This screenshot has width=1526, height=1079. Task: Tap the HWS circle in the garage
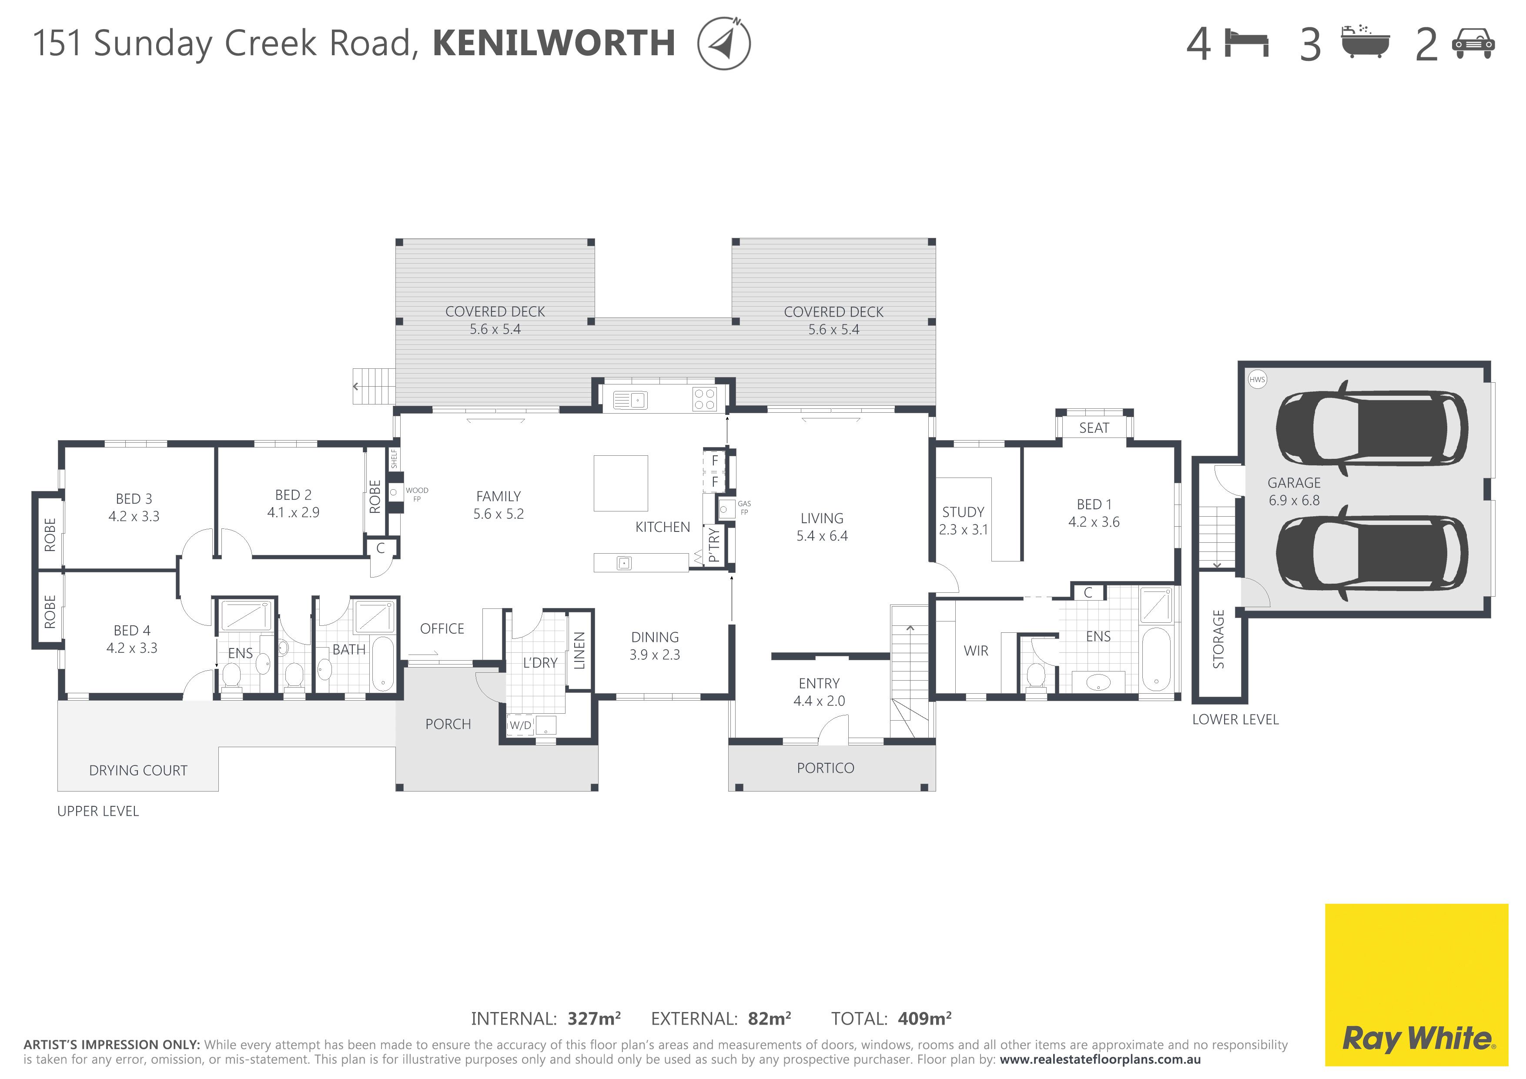point(1257,379)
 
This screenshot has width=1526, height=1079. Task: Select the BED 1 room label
point(1093,504)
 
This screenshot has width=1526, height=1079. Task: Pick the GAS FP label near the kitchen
point(744,508)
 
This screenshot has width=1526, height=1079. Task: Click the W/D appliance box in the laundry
point(520,725)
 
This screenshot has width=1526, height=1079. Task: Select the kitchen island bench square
point(620,483)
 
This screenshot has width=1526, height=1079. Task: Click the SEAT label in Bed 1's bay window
point(1093,428)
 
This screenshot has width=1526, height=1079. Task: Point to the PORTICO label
point(825,768)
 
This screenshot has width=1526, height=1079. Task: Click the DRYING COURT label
point(138,771)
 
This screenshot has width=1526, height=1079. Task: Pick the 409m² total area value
point(924,1019)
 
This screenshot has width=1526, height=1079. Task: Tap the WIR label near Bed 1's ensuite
point(976,651)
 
